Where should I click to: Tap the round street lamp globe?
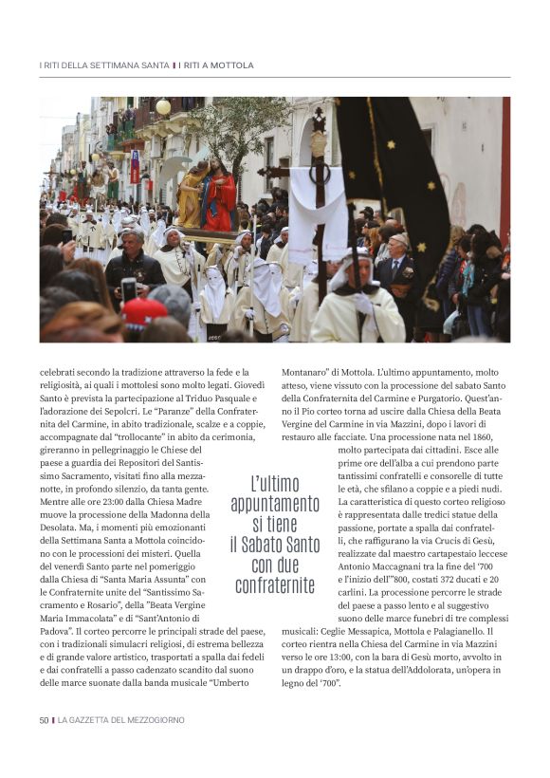(x=163, y=107)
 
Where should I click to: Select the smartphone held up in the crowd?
(x=129, y=288)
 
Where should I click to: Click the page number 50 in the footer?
(x=44, y=720)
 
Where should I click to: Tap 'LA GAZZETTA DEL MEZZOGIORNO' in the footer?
(x=120, y=720)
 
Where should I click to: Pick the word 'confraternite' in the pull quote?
(x=275, y=585)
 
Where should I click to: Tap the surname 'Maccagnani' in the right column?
(x=414, y=565)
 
